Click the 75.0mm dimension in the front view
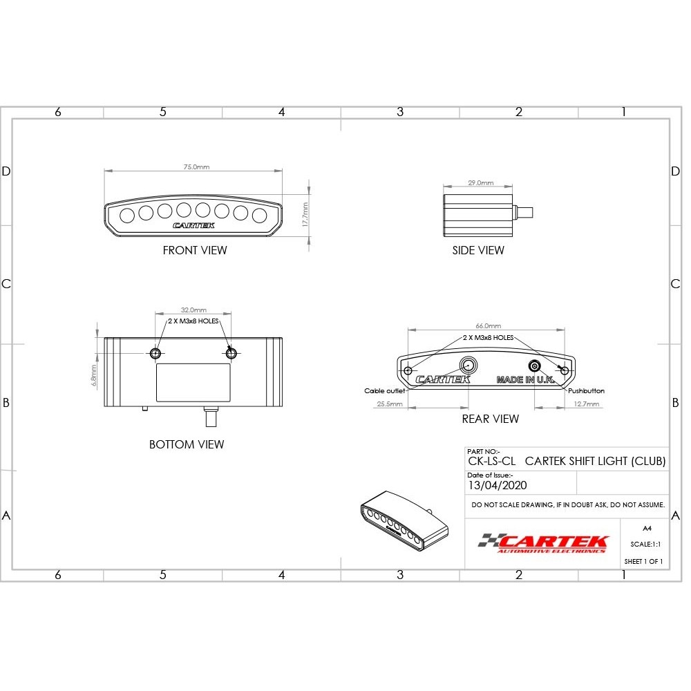pos(196,167)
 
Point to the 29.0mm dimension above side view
pos(481,183)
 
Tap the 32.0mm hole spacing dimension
pos(193,310)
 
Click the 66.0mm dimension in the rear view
pos(489,325)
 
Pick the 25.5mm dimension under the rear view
pos(390,404)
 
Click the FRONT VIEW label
pos(194,250)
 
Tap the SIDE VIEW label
pos(478,250)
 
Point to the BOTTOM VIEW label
pos(187,444)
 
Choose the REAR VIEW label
pos(490,419)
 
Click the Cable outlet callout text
pos(384,391)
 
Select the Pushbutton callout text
pos(586,391)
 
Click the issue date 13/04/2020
pos(497,485)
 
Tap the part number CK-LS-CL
pos(491,462)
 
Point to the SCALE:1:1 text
pos(645,545)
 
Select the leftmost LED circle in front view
pos(127,215)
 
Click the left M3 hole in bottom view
pos(156,353)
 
